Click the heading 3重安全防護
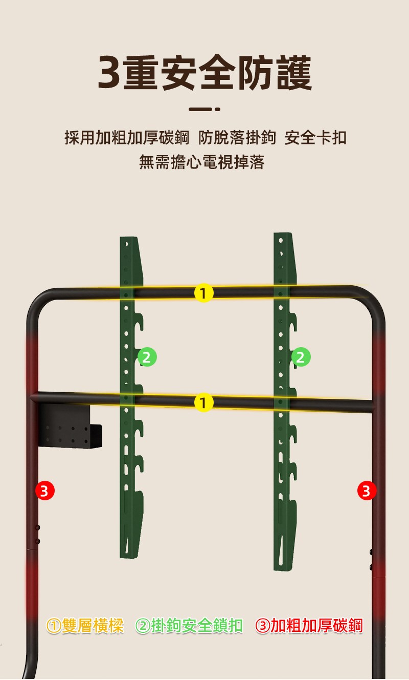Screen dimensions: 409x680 (x=205, y=73)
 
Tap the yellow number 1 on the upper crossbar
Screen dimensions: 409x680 (x=204, y=293)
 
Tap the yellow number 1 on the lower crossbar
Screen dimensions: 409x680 (x=204, y=402)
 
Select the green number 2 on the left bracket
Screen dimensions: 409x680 (x=147, y=357)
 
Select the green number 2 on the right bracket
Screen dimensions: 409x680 (x=301, y=357)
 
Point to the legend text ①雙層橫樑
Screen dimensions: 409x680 (x=85, y=626)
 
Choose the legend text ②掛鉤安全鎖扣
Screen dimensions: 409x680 (x=189, y=626)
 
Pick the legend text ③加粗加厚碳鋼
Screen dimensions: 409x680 (x=309, y=626)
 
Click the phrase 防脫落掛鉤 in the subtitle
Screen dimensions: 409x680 (x=237, y=138)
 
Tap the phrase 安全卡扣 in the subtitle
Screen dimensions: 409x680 (x=315, y=138)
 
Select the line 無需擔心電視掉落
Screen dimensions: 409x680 (x=202, y=162)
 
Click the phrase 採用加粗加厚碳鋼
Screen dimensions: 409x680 (x=127, y=138)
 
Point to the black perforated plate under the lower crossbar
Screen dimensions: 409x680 (x=70, y=425)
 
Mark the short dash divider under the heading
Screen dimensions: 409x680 (x=204, y=109)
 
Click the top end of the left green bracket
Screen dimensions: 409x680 (x=129, y=238)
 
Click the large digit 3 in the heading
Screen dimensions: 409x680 (x=109, y=73)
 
